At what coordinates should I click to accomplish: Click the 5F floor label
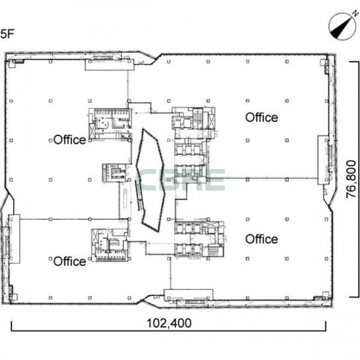pyautogui.click(x=7, y=34)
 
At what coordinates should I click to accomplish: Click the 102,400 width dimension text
pyautogui.click(x=169, y=323)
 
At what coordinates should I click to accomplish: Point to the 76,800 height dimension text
pyautogui.click(x=351, y=179)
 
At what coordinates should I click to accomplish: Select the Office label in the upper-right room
pyautogui.click(x=261, y=117)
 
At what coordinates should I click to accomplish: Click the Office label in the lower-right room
pyautogui.click(x=261, y=239)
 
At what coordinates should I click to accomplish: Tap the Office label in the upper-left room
pyautogui.click(x=69, y=140)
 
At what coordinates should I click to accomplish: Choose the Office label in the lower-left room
pyautogui.click(x=69, y=261)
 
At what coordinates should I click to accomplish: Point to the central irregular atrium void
pyautogui.click(x=150, y=179)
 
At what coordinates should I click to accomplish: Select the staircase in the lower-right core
pyautogui.click(x=213, y=251)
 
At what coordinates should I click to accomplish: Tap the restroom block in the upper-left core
pyautogui.click(x=111, y=124)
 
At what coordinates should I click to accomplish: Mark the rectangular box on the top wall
pyautogui.click(x=109, y=64)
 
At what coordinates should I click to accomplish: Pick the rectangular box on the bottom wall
pyautogui.click(x=189, y=295)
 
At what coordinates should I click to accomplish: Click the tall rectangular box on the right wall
pyautogui.click(x=323, y=160)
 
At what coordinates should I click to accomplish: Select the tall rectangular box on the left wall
pyautogui.click(x=14, y=239)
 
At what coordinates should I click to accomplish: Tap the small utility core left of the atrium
pyautogui.click(x=114, y=173)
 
